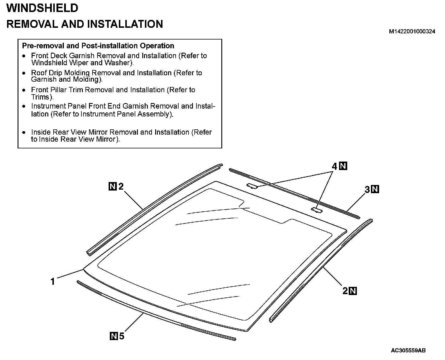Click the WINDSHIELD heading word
[42, 8]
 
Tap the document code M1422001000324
[412, 32]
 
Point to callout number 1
[53, 282]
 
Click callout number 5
[121, 336]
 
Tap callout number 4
[335, 167]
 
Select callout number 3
[367, 190]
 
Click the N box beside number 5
[114, 336]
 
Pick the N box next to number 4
[343, 166]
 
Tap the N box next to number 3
[375, 189]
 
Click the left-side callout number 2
[121, 186]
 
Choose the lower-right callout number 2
[345, 291]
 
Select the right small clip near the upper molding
[316, 210]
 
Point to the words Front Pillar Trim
[58, 90]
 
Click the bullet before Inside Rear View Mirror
[24, 132]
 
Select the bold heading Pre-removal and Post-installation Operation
[98, 46]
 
